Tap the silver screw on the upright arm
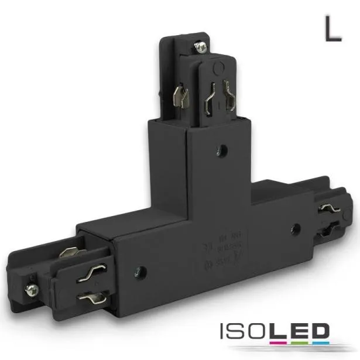click(x=201, y=44)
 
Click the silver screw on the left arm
click(x=30, y=289)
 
